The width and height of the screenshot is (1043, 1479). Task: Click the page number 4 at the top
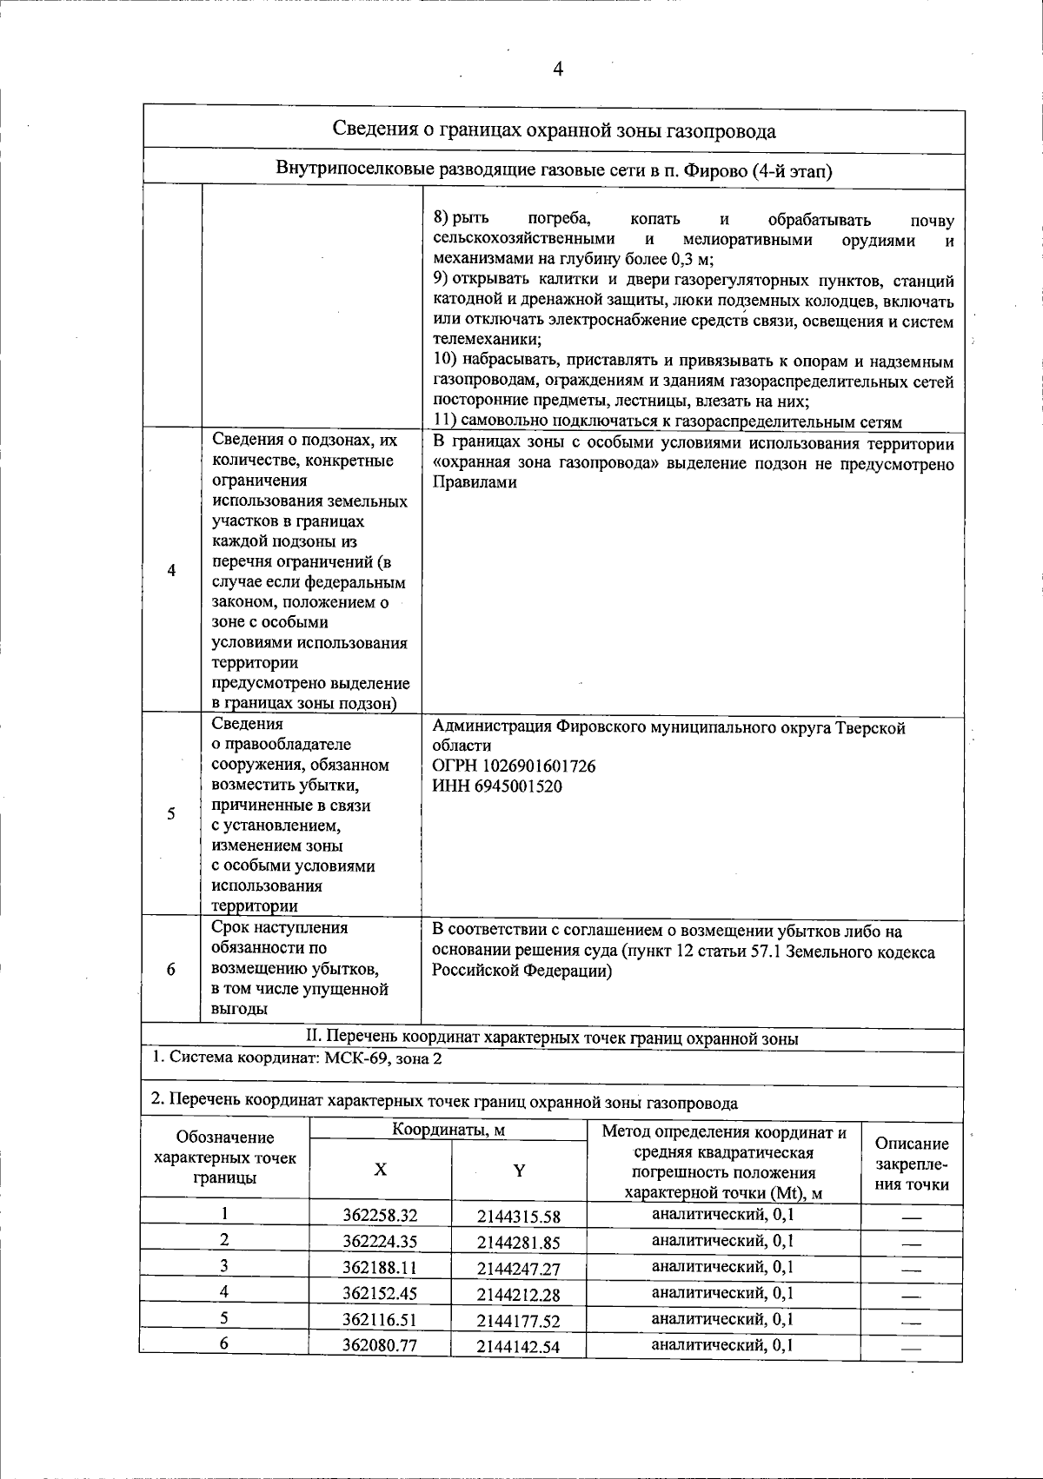(557, 70)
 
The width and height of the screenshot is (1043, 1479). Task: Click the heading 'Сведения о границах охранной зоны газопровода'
(555, 131)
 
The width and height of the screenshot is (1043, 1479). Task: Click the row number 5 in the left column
(171, 814)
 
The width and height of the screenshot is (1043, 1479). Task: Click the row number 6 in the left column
(171, 969)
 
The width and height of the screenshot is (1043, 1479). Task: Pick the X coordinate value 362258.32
(380, 1215)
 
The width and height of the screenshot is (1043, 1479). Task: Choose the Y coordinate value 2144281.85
(518, 1242)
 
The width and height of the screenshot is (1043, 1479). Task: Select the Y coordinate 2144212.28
(518, 1294)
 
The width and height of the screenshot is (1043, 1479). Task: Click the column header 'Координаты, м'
(448, 1130)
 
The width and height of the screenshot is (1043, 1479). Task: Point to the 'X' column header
(380, 1170)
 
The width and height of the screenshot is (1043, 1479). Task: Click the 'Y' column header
(518, 1171)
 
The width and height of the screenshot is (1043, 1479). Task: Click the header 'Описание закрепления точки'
(911, 1164)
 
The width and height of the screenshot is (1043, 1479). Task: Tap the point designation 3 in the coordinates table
(223, 1266)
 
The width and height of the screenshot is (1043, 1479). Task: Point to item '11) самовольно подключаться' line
(667, 421)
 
